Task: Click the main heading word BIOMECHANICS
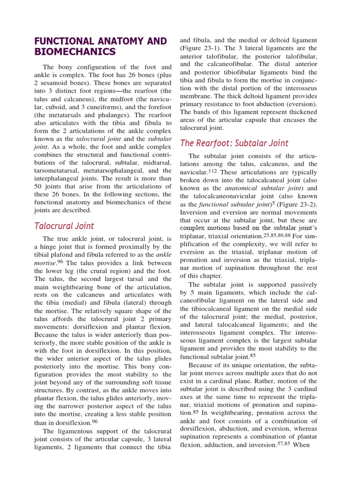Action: point(75,52)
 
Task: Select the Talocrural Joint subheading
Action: point(64,226)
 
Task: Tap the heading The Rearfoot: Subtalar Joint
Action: point(234,143)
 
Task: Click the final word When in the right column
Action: point(301,444)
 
